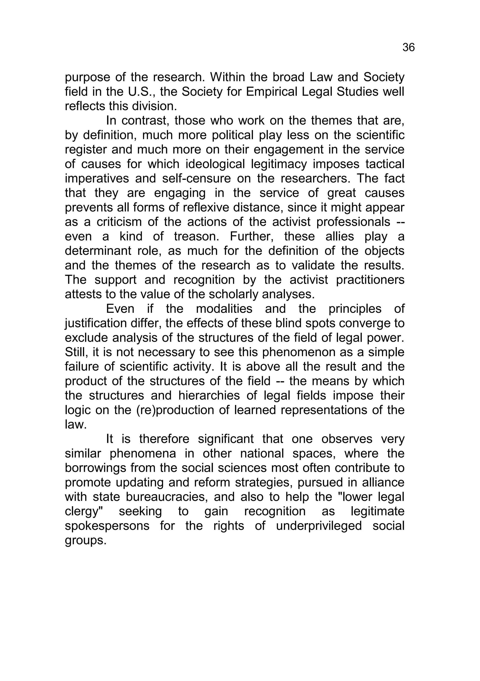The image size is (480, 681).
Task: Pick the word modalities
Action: click(224, 309)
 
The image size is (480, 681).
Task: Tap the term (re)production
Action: click(175, 410)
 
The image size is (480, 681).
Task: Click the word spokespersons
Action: click(107, 526)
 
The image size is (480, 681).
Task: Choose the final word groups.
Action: click(86, 540)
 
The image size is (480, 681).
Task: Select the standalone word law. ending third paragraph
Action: click(76, 424)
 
